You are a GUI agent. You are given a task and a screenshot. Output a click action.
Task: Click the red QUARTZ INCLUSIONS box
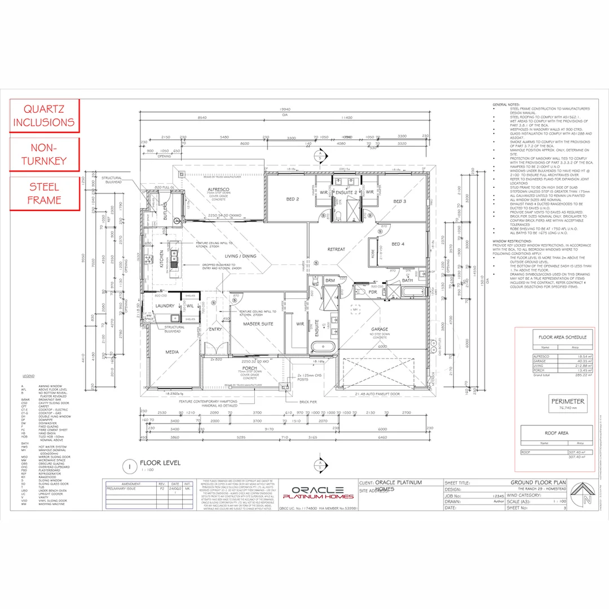click(44, 116)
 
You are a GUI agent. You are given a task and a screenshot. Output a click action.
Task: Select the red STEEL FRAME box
click(44, 193)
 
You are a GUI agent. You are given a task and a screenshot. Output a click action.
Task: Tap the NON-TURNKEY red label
click(44, 155)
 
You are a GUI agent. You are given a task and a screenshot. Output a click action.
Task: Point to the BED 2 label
click(293, 199)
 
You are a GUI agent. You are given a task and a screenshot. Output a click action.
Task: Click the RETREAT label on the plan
click(337, 249)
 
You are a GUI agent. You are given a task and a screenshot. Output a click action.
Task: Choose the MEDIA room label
click(171, 352)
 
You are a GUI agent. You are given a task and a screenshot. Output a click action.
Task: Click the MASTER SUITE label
click(258, 324)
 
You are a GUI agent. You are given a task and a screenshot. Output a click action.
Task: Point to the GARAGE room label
click(379, 329)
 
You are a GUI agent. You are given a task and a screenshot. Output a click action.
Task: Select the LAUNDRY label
click(165, 306)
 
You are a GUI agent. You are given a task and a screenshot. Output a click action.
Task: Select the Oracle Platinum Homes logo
click(314, 492)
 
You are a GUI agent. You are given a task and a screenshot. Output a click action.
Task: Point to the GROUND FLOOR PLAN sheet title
click(537, 483)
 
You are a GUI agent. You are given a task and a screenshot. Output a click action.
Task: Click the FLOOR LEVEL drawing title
click(160, 463)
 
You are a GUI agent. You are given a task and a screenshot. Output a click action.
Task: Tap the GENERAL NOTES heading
click(507, 105)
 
